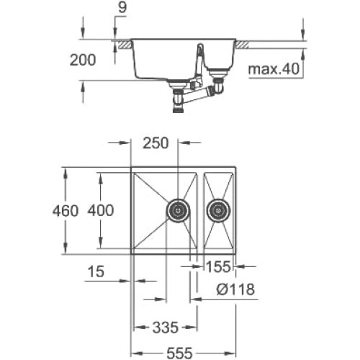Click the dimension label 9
click(x=122, y=8)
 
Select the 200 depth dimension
click(x=83, y=60)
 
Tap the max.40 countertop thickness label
click(x=274, y=69)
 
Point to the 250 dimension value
click(x=156, y=143)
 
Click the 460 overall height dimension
click(x=66, y=211)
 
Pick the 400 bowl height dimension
click(x=101, y=210)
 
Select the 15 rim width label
click(x=96, y=271)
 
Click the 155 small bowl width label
click(x=218, y=267)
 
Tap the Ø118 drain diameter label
click(x=235, y=289)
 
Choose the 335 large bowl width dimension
click(x=166, y=328)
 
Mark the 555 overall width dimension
click(x=179, y=353)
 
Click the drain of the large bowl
click(x=178, y=211)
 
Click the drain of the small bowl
click(x=218, y=211)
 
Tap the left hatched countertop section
click(x=125, y=45)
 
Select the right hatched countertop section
click(x=243, y=45)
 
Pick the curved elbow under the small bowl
click(x=219, y=86)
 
